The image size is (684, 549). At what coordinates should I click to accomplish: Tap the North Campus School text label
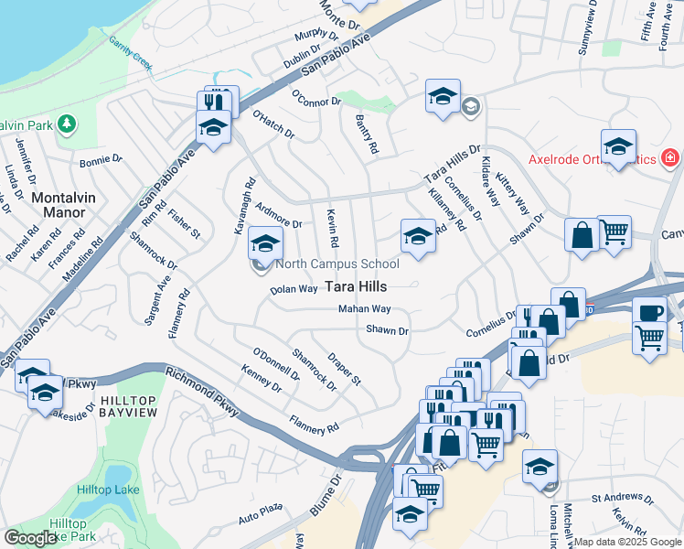click(x=337, y=264)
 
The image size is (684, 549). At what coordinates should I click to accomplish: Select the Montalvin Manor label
click(x=58, y=204)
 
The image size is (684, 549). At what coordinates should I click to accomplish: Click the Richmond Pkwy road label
click(x=202, y=391)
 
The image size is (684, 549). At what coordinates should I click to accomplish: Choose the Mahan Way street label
click(x=364, y=309)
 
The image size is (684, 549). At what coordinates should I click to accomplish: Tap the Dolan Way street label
click(x=294, y=289)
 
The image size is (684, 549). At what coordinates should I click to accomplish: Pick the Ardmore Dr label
click(x=279, y=216)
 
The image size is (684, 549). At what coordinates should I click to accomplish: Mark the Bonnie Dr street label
click(x=101, y=159)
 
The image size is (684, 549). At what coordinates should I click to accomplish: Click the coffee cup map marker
click(x=650, y=311)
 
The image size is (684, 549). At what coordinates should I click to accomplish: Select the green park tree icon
click(x=66, y=123)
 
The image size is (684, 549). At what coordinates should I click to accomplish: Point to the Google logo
click(x=30, y=538)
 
